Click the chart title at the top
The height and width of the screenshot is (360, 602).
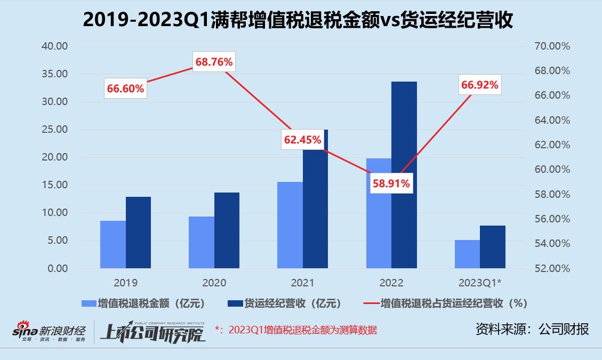click(301, 20)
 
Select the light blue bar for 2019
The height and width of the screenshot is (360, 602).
click(113, 244)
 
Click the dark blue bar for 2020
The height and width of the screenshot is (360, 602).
click(227, 230)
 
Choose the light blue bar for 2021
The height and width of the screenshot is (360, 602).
click(290, 225)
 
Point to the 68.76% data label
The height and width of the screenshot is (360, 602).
click(214, 62)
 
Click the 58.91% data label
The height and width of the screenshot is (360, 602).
click(391, 183)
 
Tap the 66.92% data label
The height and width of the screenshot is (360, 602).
click(480, 85)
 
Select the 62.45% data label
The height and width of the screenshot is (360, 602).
click(303, 140)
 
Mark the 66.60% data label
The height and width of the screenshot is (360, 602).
click(125, 89)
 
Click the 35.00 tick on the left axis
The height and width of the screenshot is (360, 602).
click(55, 74)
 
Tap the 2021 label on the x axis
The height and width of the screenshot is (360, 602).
click(303, 283)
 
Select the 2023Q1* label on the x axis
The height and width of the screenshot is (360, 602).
click(480, 283)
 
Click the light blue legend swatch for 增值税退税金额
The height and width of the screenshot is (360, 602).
click(88, 303)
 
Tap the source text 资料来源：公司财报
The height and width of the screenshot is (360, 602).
click(532, 329)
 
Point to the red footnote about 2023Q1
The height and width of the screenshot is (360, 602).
click(296, 330)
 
